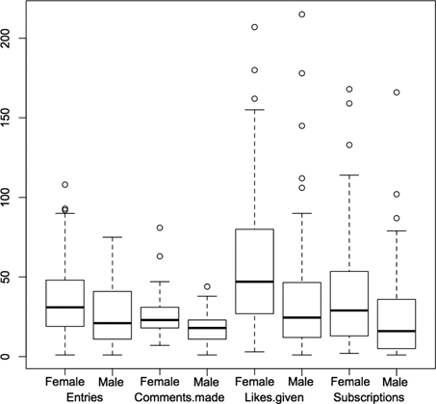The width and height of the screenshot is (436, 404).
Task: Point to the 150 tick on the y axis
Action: click(10, 117)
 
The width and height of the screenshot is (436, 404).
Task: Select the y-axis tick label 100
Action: click(10, 197)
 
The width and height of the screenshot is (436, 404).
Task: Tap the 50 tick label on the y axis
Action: click(10, 277)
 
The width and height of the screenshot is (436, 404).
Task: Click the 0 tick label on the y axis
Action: click(10, 357)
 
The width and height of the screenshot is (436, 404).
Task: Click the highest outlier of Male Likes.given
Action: click(302, 14)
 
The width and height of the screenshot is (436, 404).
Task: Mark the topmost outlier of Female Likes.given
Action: click(255, 27)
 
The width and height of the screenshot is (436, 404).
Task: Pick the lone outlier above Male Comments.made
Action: click(207, 286)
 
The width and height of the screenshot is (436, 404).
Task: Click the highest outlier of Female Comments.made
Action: click(160, 228)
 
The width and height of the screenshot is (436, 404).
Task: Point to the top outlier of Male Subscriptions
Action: click(397, 93)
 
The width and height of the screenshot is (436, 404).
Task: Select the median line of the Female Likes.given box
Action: click(255, 282)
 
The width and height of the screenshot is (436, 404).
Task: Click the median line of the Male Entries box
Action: click(113, 323)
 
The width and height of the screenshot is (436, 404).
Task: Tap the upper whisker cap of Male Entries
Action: click(113, 237)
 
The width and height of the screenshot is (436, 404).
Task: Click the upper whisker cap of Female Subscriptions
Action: click(349, 175)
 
